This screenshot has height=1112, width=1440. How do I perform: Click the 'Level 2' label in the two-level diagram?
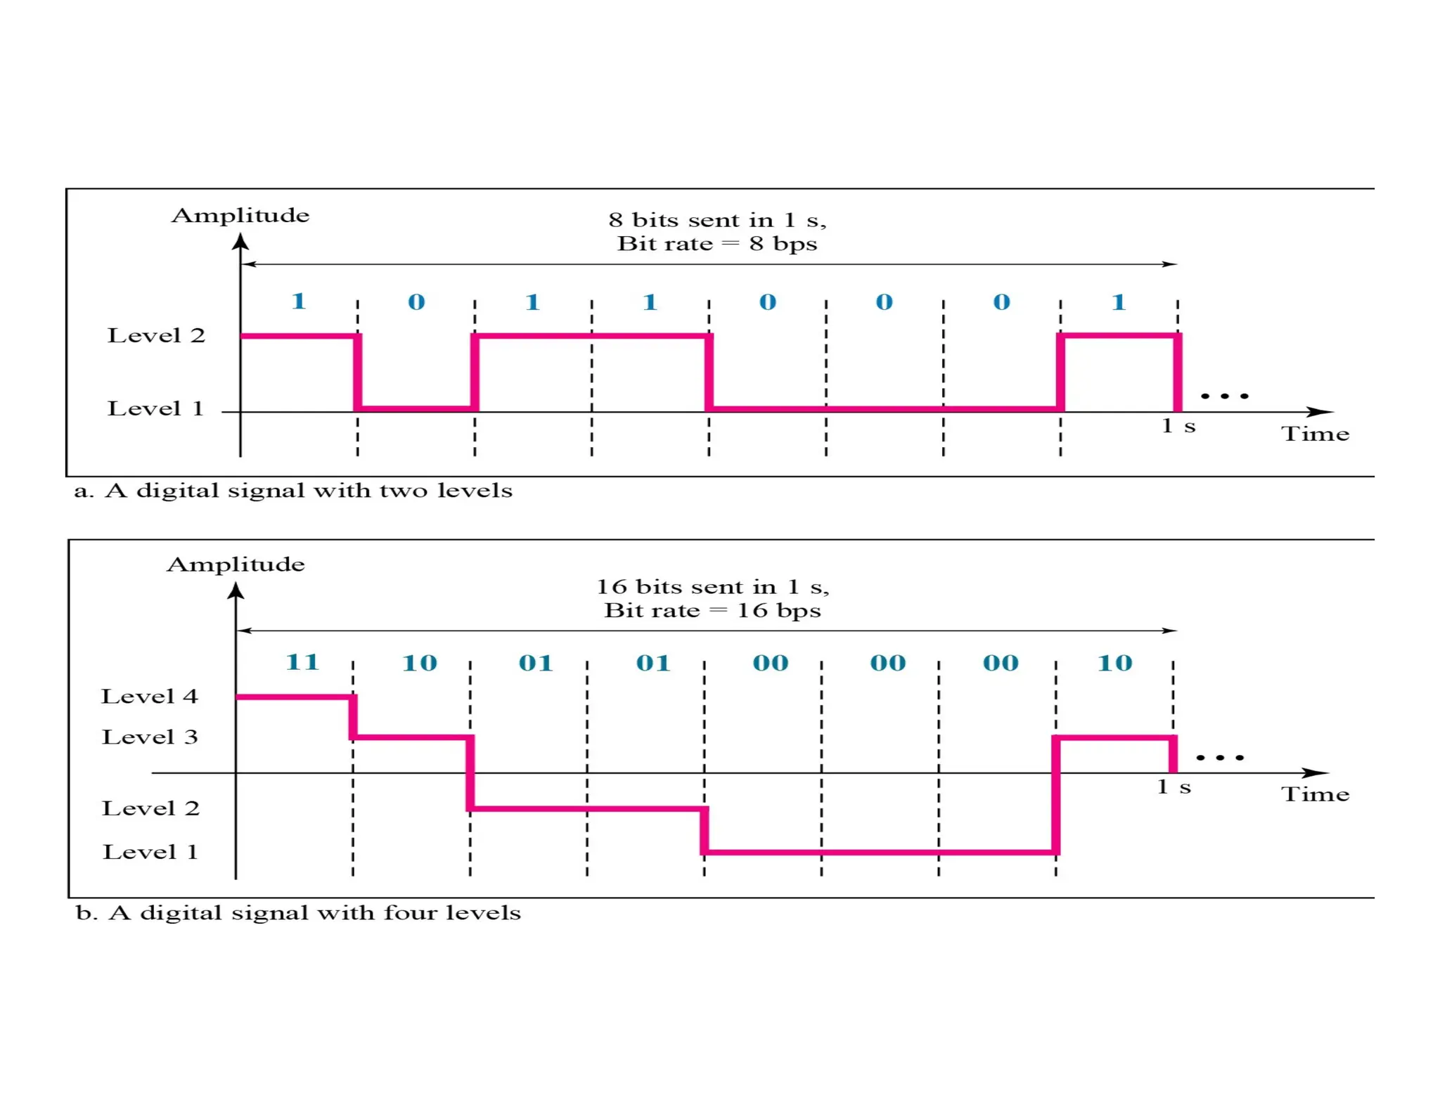pyautogui.click(x=156, y=335)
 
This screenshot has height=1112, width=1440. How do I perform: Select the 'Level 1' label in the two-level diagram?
pyautogui.click(x=155, y=408)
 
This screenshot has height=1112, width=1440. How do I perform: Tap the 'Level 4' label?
pyautogui.click(x=150, y=697)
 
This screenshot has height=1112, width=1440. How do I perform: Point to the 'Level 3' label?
pyautogui.click(x=150, y=737)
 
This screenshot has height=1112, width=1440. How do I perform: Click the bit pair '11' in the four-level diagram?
pyautogui.click(x=302, y=662)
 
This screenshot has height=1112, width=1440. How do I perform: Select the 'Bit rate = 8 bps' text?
pyautogui.click(x=717, y=244)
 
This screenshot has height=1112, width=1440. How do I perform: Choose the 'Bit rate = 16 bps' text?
pyautogui.click(x=712, y=610)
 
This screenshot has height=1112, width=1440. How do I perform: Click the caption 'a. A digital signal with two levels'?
pyautogui.click(x=293, y=491)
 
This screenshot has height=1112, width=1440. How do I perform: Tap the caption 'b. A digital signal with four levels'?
pyautogui.click(x=298, y=913)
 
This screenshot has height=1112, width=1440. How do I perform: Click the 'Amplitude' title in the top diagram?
pyautogui.click(x=240, y=215)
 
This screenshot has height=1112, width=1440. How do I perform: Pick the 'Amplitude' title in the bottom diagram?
pyautogui.click(x=236, y=564)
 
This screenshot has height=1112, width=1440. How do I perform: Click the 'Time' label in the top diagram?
pyautogui.click(x=1315, y=434)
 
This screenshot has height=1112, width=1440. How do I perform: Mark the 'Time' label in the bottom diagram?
pyautogui.click(x=1315, y=794)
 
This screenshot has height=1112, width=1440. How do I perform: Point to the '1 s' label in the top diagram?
pyautogui.click(x=1178, y=426)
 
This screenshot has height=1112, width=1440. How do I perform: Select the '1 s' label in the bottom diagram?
pyautogui.click(x=1174, y=787)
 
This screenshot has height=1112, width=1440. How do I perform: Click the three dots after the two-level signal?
pyautogui.click(x=1225, y=396)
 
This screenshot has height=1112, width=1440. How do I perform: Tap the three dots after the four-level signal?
pyautogui.click(x=1220, y=758)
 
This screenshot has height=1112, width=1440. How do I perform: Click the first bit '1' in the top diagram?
pyautogui.click(x=298, y=302)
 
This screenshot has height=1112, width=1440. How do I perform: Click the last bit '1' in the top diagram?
pyautogui.click(x=1119, y=302)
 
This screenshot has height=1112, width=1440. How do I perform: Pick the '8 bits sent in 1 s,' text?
pyautogui.click(x=717, y=220)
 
